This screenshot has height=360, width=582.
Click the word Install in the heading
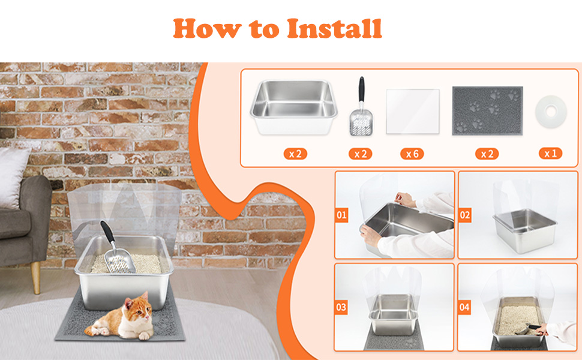tap(334, 29)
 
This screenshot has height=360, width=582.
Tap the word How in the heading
tap(207, 29)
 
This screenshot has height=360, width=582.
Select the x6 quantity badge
tap(412, 154)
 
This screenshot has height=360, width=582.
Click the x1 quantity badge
tap(550, 154)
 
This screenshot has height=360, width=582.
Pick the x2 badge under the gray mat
tap(487, 154)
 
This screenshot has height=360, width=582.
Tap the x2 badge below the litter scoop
tap(361, 154)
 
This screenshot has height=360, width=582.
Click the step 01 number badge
tap(341, 215)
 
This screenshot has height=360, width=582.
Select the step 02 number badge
tap(465, 215)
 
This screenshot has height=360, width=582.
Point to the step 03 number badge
tap(341, 307)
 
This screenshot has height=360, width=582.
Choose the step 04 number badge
tap(464, 307)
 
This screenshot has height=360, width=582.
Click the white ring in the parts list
tap(551, 112)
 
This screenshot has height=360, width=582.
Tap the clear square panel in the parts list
tap(413, 112)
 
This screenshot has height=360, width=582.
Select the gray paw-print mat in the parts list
tap(487, 110)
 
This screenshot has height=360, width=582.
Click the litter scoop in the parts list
tap(361, 107)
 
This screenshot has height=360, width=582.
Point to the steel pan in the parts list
tap(293, 107)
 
